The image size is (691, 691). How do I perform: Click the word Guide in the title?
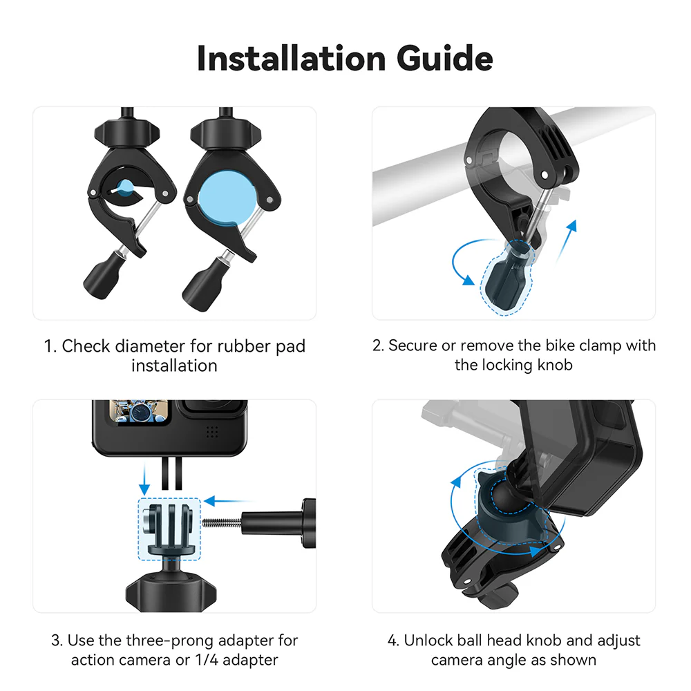[x=445, y=59]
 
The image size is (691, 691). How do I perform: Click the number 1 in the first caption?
[x=49, y=346]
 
